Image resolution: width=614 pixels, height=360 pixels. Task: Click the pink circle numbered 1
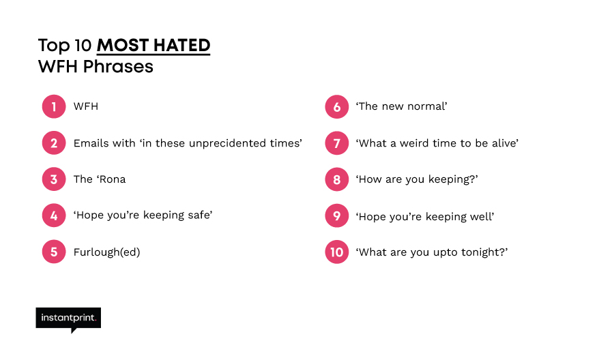tap(54, 106)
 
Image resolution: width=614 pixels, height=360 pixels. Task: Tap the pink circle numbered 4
tap(54, 215)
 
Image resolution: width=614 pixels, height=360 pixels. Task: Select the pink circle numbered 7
tap(337, 143)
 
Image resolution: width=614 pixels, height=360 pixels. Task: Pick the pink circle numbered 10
tap(337, 252)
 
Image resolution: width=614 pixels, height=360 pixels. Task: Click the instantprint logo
tap(68, 320)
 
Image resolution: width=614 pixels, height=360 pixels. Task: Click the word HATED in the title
tap(181, 46)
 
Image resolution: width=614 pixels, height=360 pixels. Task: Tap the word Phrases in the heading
tap(118, 67)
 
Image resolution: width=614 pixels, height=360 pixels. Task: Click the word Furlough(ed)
tap(107, 252)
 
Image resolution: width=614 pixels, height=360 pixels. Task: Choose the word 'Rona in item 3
tap(111, 179)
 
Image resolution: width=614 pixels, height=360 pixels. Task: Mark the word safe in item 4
tap(201, 215)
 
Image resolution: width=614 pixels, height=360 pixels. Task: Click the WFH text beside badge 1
tap(86, 106)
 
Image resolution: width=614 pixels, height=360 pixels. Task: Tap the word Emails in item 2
tap(86, 143)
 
